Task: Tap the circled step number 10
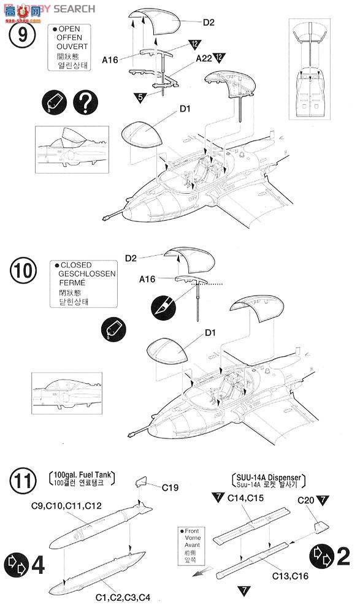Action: (23, 271)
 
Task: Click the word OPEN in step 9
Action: (71, 29)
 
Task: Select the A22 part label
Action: (205, 59)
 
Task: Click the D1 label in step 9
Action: (185, 110)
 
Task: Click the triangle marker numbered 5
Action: (141, 96)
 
